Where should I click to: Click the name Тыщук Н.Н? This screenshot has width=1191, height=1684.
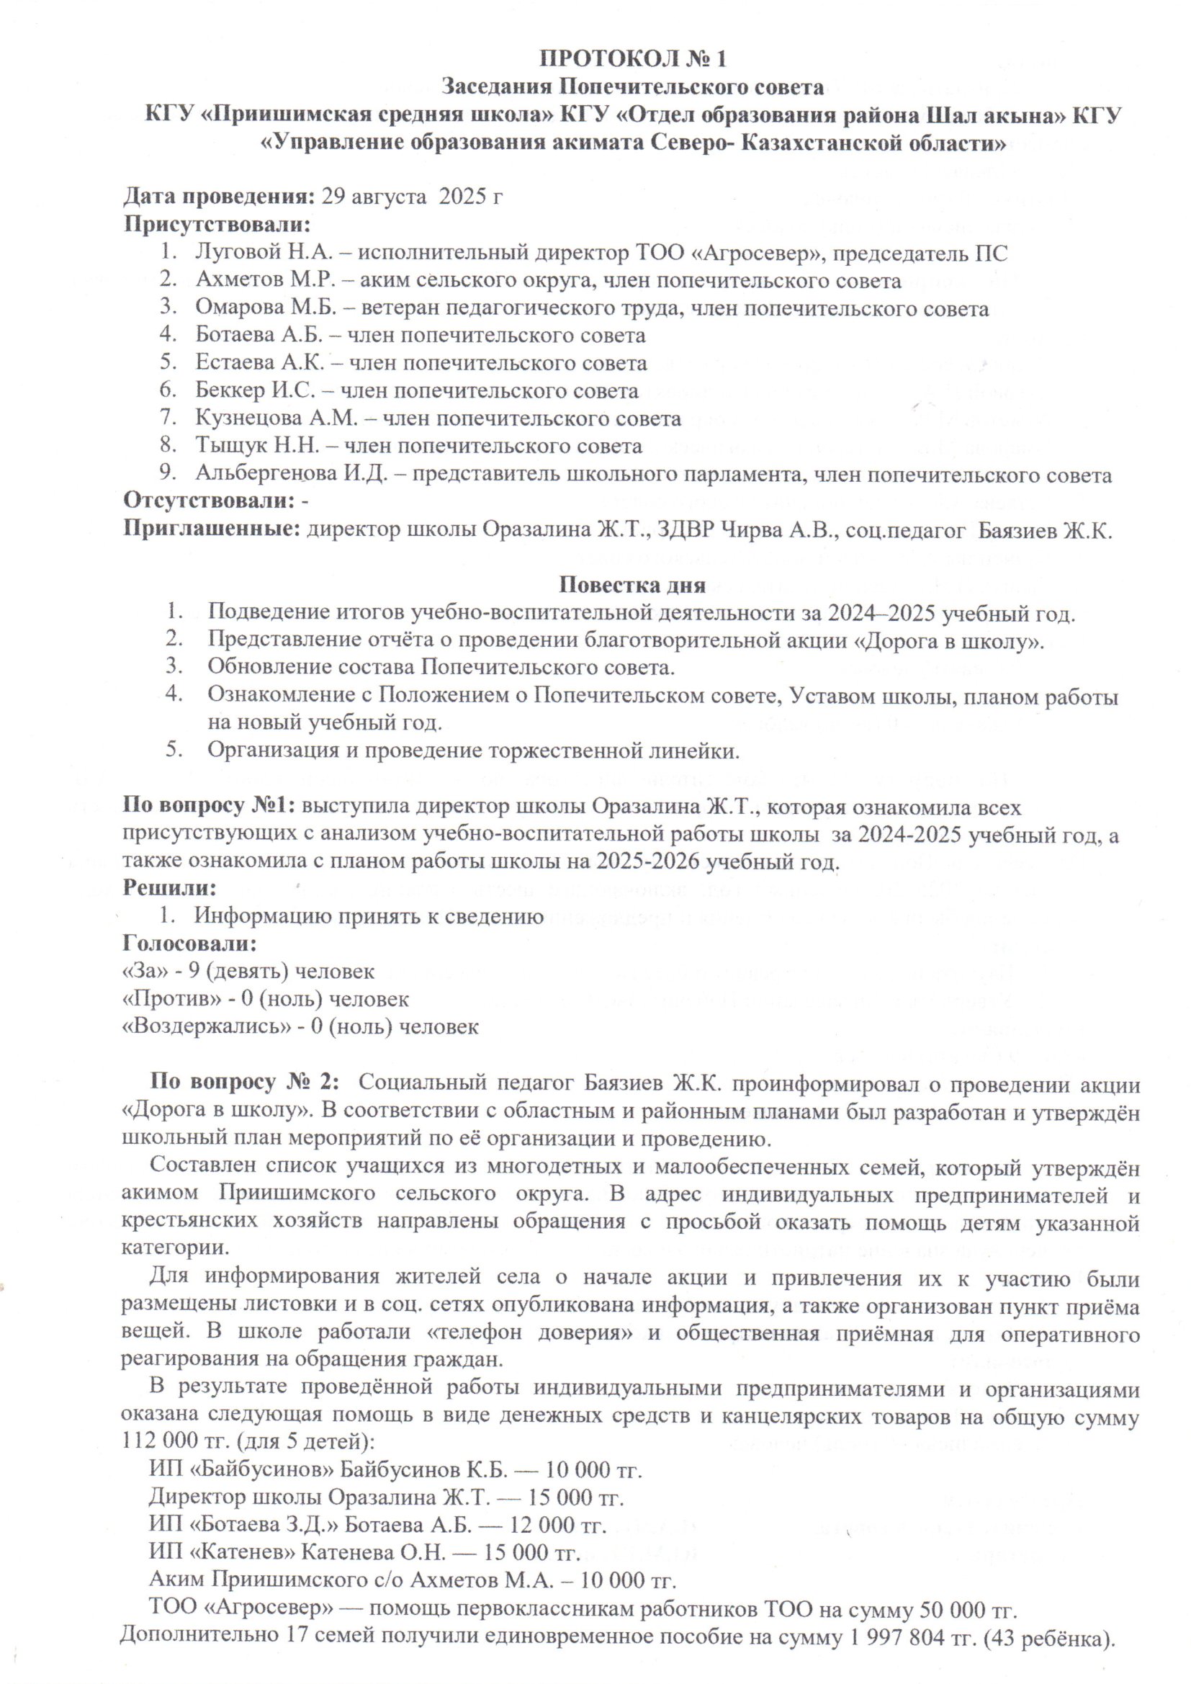point(263,446)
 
